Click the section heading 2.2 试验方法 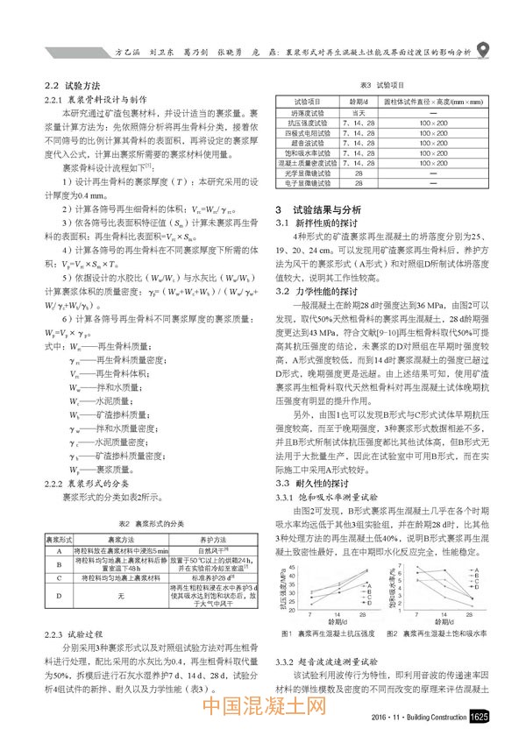(75, 87)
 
